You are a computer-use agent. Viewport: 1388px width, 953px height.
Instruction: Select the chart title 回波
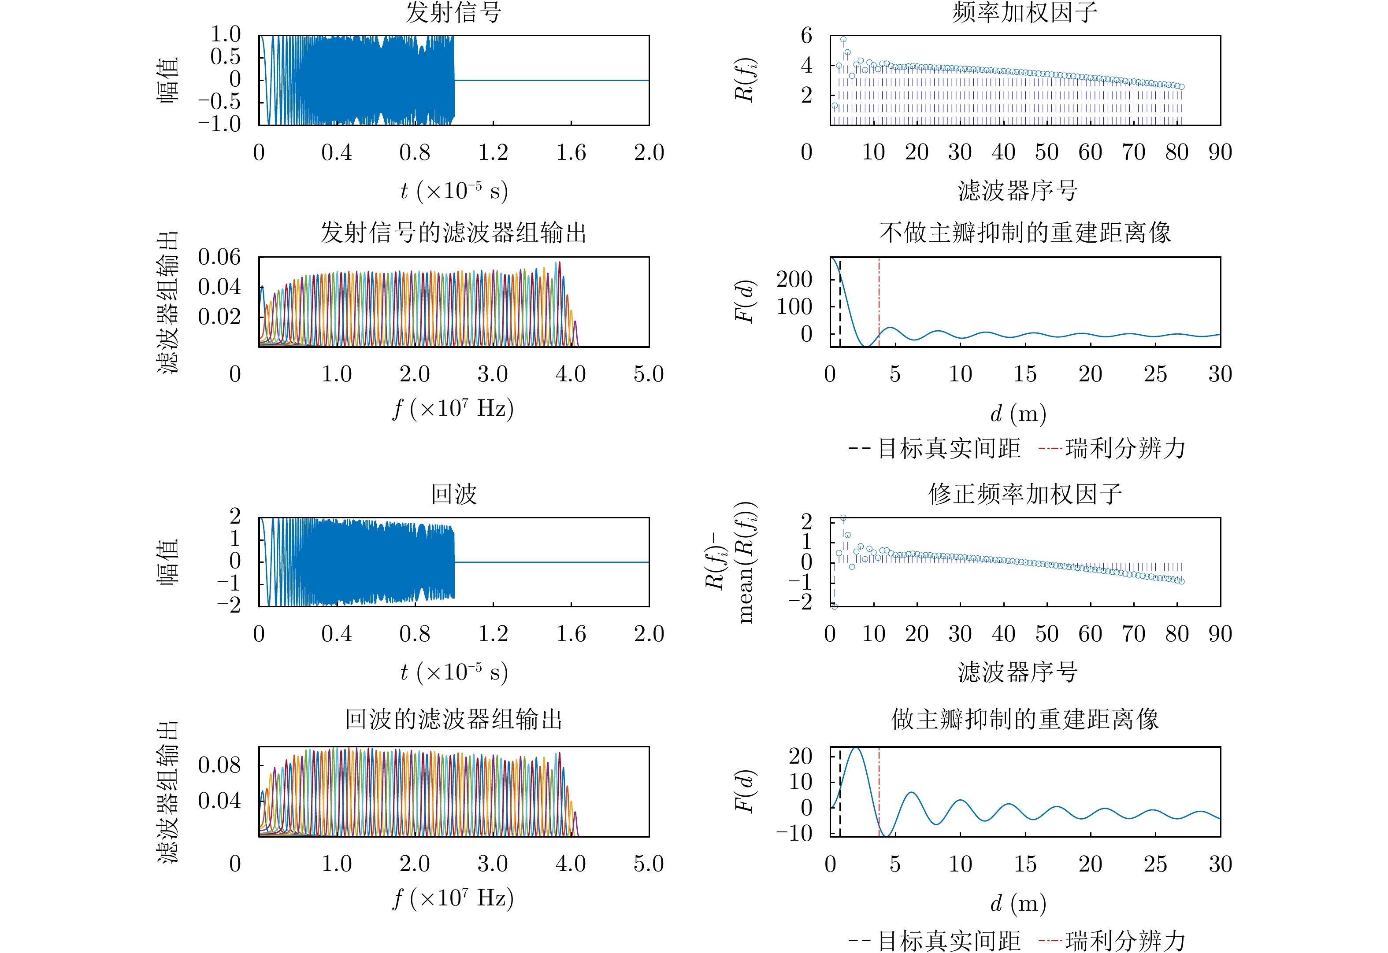click(x=453, y=495)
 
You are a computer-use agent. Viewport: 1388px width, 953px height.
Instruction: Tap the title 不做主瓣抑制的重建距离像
click(x=1025, y=233)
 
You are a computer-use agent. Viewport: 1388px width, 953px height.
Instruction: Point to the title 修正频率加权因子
click(x=1025, y=495)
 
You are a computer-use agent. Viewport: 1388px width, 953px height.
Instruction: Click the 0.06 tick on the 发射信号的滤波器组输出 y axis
click(x=219, y=257)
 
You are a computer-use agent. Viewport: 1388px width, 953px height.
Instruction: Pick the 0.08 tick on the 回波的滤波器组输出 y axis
click(x=219, y=765)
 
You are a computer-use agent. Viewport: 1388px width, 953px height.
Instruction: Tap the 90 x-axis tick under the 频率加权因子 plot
click(x=1220, y=152)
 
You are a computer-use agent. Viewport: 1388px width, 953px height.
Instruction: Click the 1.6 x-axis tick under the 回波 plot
click(x=571, y=634)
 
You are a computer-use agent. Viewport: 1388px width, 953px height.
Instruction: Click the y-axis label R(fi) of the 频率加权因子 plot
click(x=745, y=81)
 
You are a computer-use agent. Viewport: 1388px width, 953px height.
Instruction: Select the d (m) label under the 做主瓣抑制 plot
click(x=1017, y=903)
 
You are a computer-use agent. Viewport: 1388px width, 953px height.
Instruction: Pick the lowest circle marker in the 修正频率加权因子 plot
click(x=835, y=606)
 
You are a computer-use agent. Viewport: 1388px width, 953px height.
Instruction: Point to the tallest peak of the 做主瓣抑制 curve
click(x=856, y=748)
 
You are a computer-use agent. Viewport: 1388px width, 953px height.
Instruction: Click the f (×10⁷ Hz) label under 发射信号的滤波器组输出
click(x=453, y=409)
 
